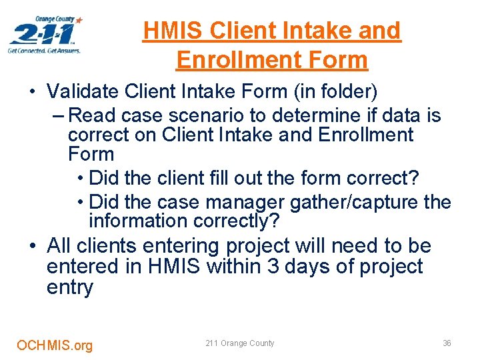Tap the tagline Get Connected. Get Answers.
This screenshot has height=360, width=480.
pyautogui.click(x=44, y=51)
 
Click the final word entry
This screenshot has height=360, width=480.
pyautogui.click(x=70, y=288)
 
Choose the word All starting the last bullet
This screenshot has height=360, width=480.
pyautogui.click(x=59, y=246)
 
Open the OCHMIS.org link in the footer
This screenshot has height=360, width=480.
pyautogui.click(x=55, y=345)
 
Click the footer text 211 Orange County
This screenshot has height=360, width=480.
pyautogui.click(x=239, y=343)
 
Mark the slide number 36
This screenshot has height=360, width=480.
pyautogui.click(x=447, y=343)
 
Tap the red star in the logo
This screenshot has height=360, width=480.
pyautogui.click(x=79, y=21)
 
